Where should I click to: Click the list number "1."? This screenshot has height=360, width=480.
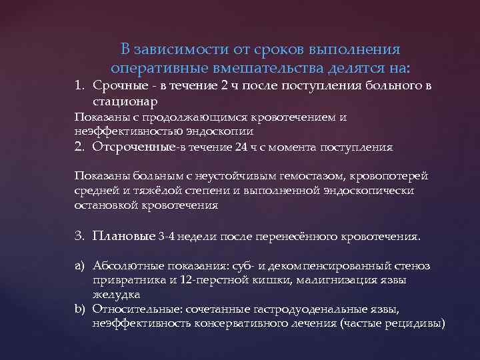point(80,86)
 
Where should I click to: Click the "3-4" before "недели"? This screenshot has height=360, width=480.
point(169,237)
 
